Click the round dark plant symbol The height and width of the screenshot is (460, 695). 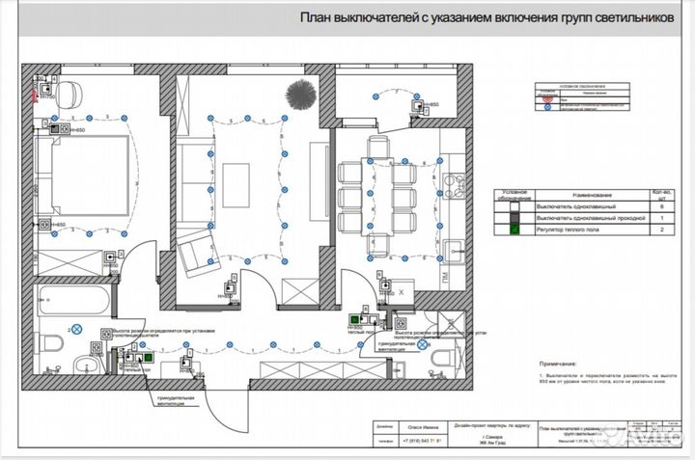tap(299, 94)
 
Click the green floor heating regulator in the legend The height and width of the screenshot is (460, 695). tap(514, 230)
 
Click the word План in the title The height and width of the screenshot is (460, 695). tap(316, 17)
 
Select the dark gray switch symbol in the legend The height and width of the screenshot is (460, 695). tap(514, 218)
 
